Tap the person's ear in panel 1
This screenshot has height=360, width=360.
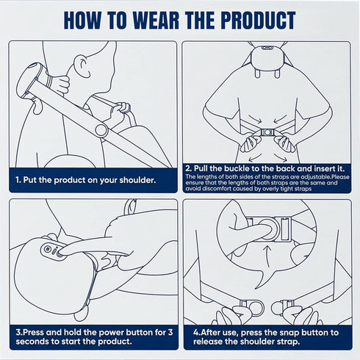pos(83,65)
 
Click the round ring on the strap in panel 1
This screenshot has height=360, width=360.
pos(101,130)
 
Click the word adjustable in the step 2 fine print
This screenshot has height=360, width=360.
pos(316,177)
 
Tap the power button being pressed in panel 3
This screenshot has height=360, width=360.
pos(59,254)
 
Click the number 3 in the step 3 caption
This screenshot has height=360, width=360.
pos(170,332)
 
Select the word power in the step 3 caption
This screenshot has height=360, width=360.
pos(112,333)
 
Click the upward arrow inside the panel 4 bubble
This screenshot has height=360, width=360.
pos(267,256)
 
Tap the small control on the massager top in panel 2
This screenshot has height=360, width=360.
pos(267,48)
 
